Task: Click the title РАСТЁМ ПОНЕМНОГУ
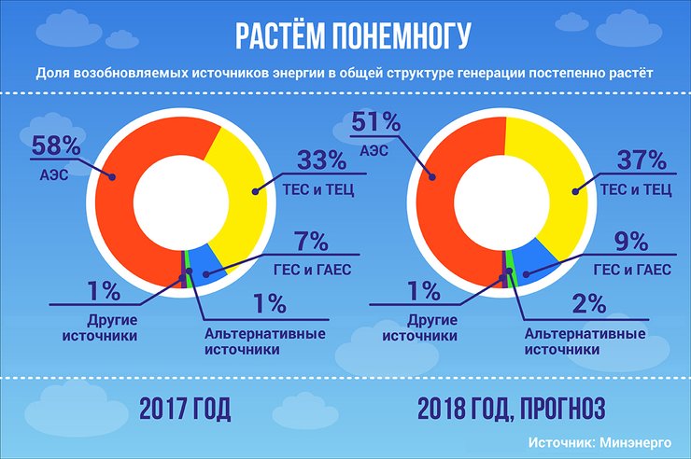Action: click(x=345, y=34)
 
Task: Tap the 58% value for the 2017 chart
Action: click(x=49, y=146)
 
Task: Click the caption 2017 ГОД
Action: click(x=185, y=409)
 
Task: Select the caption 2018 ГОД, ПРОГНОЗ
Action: click(x=511, y=409)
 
